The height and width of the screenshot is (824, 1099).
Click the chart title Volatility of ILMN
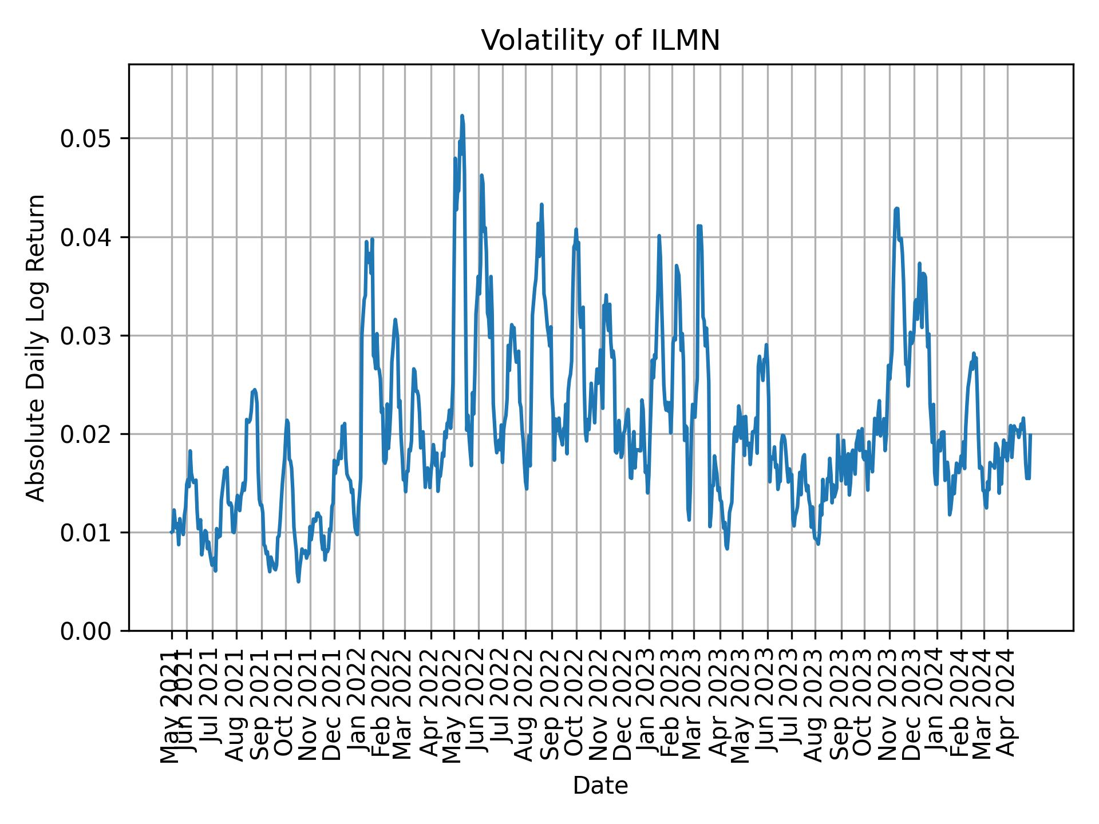pos(600,41)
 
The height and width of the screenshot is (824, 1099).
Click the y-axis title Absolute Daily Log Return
pos(37,347)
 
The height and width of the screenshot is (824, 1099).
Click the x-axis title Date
pos(600,786)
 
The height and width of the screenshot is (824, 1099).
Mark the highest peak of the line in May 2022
pos(462,116)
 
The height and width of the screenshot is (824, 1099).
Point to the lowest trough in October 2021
pos(298,581)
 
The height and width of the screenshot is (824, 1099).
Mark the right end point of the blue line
pos(1030,435)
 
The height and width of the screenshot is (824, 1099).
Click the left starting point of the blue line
pos(171,532)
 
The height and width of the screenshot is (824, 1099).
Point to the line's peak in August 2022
pos(541,204)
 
